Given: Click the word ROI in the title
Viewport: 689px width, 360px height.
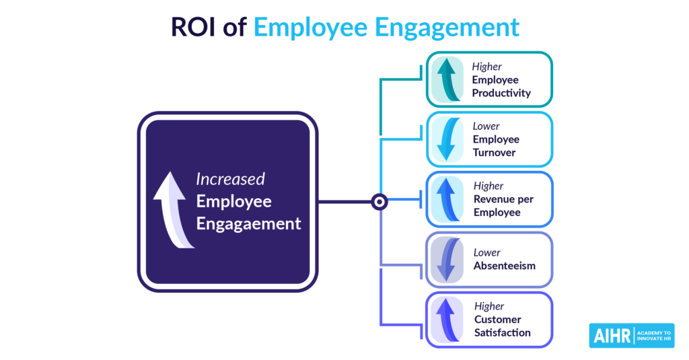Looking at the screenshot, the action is coord(193,27).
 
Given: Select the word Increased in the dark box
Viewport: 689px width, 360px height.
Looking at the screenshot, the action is coord(230,179).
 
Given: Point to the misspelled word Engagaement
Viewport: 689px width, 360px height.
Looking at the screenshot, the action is coord(248,224).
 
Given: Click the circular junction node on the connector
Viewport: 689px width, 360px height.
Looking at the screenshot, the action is coord(379,202).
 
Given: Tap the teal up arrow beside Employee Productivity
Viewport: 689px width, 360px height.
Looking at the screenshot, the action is coord(447,79).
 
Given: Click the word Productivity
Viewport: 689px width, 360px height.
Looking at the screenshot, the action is coord(501,93).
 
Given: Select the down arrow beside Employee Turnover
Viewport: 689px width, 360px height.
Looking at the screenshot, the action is coord(447,139).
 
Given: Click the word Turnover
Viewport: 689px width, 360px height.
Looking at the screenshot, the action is coord(494,153).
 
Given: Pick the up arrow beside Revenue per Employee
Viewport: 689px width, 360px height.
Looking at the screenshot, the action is coord(447,199).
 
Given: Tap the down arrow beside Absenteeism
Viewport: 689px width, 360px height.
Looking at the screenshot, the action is coord(447,259).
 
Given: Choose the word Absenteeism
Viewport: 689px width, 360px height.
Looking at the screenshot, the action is coord(505,266).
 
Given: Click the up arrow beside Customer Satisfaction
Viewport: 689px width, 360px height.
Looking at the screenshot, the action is coord(447,320).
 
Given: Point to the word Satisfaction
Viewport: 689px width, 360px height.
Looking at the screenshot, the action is coord(502,332).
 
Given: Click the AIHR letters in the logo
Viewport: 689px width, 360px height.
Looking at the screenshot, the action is coord(612,336).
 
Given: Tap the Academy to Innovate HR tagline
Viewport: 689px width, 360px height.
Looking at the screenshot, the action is coord(654,336).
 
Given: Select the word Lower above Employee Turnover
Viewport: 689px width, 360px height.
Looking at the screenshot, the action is coord(486,126).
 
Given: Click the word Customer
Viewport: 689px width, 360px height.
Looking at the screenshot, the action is coord(497,320).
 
